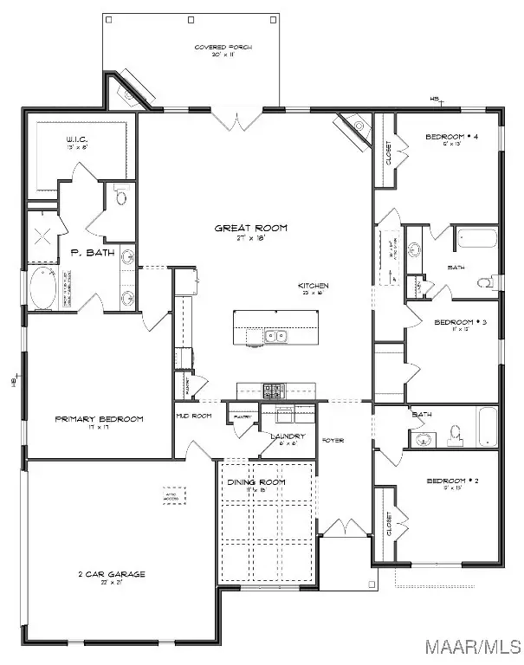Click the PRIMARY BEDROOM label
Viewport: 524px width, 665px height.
point(99,419)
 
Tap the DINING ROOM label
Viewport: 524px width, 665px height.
point(256,482)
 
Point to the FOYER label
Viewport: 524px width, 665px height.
point(333,441)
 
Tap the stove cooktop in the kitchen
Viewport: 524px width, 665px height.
point(273,391)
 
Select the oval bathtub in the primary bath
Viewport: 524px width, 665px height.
point(40,288)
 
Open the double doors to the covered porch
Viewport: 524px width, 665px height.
point(233,117)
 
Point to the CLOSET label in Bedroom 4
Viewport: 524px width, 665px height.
point(387,154)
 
